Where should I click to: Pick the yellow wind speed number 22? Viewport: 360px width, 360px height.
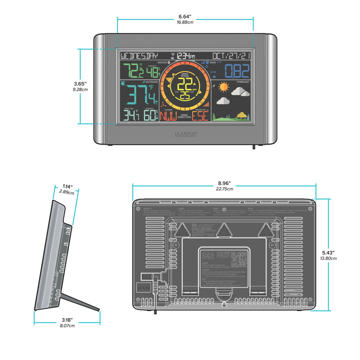pos(185,83)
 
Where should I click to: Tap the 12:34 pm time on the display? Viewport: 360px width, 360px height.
pos(186,56)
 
